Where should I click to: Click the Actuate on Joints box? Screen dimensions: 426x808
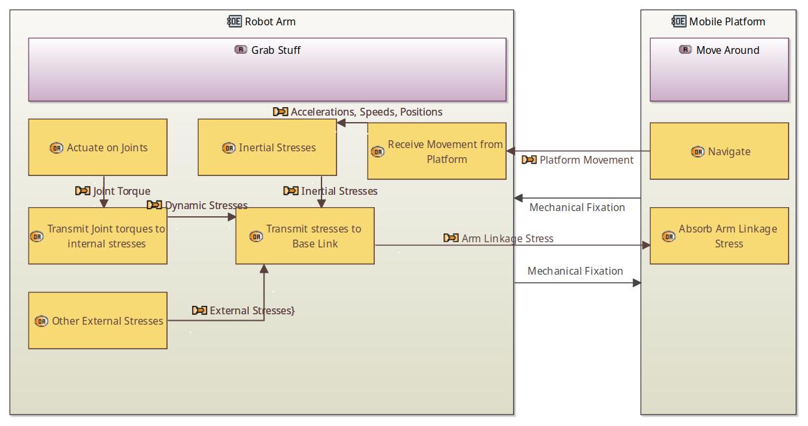tap(97, 147)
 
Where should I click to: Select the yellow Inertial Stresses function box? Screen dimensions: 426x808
tap(267, 147)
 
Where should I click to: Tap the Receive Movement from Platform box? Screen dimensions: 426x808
tap(436, 151)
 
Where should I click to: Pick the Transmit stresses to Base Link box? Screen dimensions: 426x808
tap(305, 236)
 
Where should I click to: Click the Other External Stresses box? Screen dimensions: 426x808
tap(97, 321)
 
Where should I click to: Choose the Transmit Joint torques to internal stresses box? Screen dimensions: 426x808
tap(97, 236)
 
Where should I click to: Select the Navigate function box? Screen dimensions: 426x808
tap(719, 151)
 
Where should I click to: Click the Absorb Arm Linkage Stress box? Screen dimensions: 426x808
tap(719, 236)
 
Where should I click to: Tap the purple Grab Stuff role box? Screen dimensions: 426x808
tap(267, 69)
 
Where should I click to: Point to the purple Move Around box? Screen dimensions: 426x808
tap(719, 69)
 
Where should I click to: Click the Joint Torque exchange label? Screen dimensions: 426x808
tap(121, 191)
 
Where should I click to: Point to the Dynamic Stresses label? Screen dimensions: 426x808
tap(206, 205)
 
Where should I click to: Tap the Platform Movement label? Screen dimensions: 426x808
tap(586, 160)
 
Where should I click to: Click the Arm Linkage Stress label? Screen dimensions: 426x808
tap(507, 238)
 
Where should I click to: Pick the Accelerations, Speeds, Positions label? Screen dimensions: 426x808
tap(366, 112)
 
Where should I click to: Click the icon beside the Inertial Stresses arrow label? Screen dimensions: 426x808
tap(291, 191)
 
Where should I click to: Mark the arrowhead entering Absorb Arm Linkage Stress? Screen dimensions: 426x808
tap(646, 245)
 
